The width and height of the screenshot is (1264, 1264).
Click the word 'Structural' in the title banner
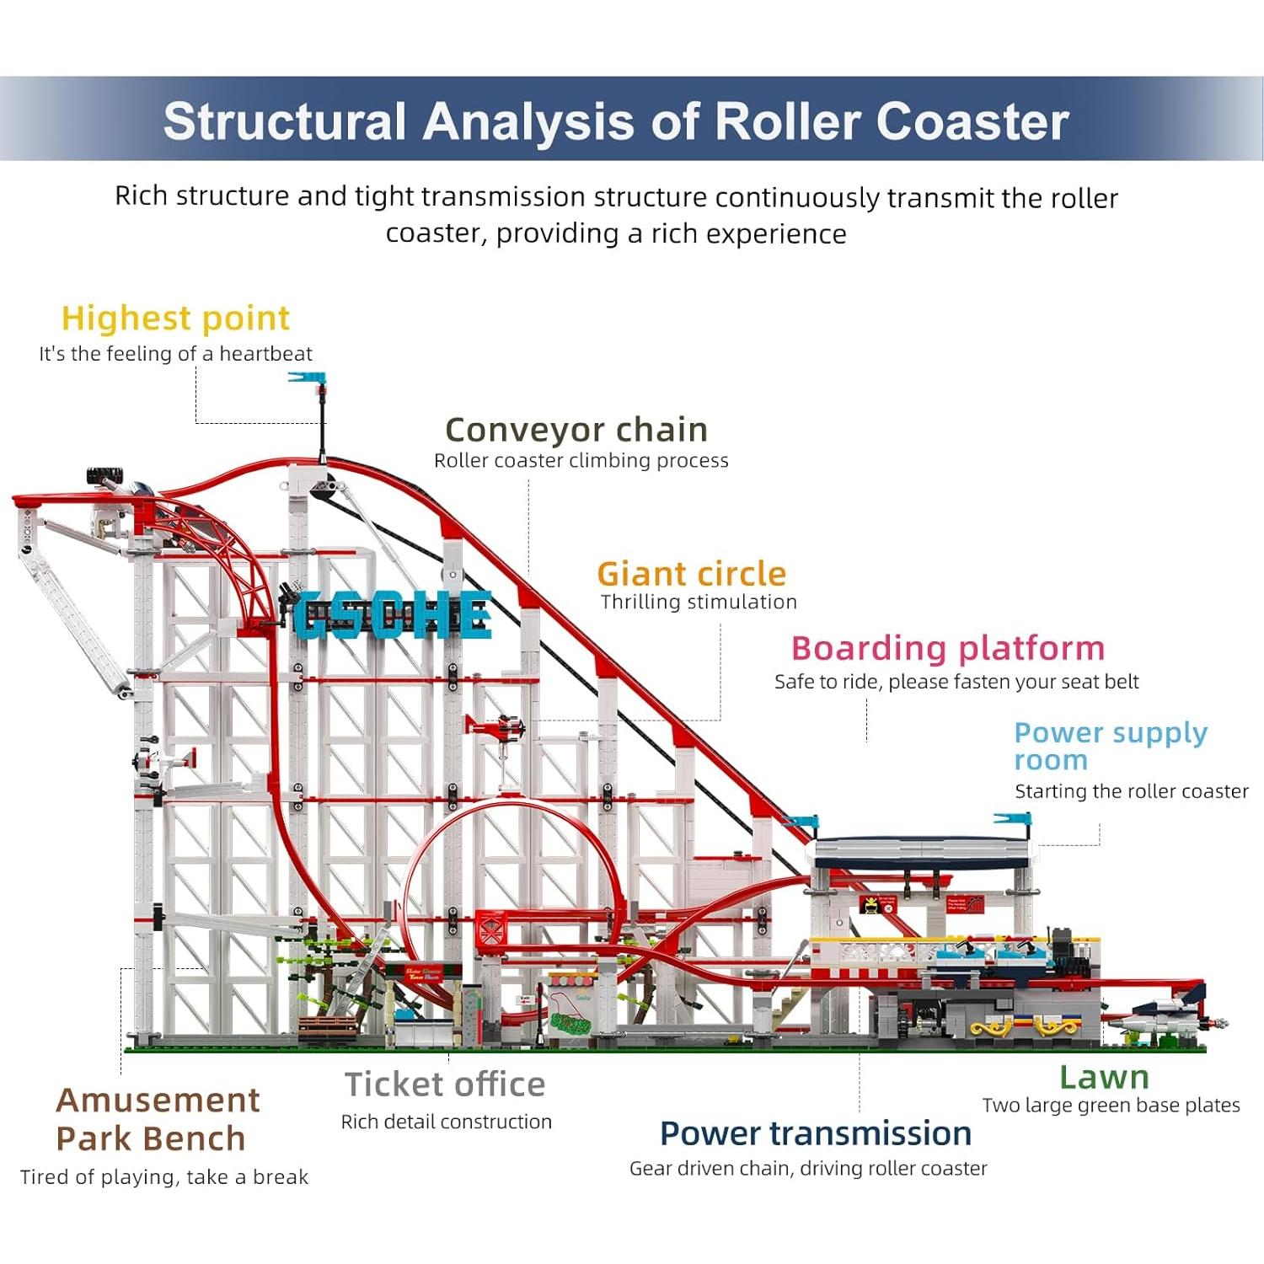tap(284, 121)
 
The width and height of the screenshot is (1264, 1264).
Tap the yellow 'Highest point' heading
tap(175, 319)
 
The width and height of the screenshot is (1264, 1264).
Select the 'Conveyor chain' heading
tap(576, 430)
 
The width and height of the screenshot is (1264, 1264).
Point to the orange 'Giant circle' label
tap(691, 574)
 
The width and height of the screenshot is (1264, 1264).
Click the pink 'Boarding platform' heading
tap(947, 648)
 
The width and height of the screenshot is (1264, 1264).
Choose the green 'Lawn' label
tap(1103, 1077)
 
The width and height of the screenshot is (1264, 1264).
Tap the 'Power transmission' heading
tap(815, 1133)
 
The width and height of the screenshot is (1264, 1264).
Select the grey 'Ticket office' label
tap(444, 1085)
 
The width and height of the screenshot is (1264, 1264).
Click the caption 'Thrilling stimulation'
tap(698, 602)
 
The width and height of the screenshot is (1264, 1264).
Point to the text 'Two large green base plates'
tap(1111, 1105)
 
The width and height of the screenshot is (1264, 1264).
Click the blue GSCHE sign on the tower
tap(392, 614)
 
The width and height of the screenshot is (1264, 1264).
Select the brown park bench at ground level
tap(327, 1025)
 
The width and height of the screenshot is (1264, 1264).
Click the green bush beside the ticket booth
tap(571, 1023)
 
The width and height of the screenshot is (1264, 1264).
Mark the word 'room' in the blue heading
tap(1050, 760)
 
